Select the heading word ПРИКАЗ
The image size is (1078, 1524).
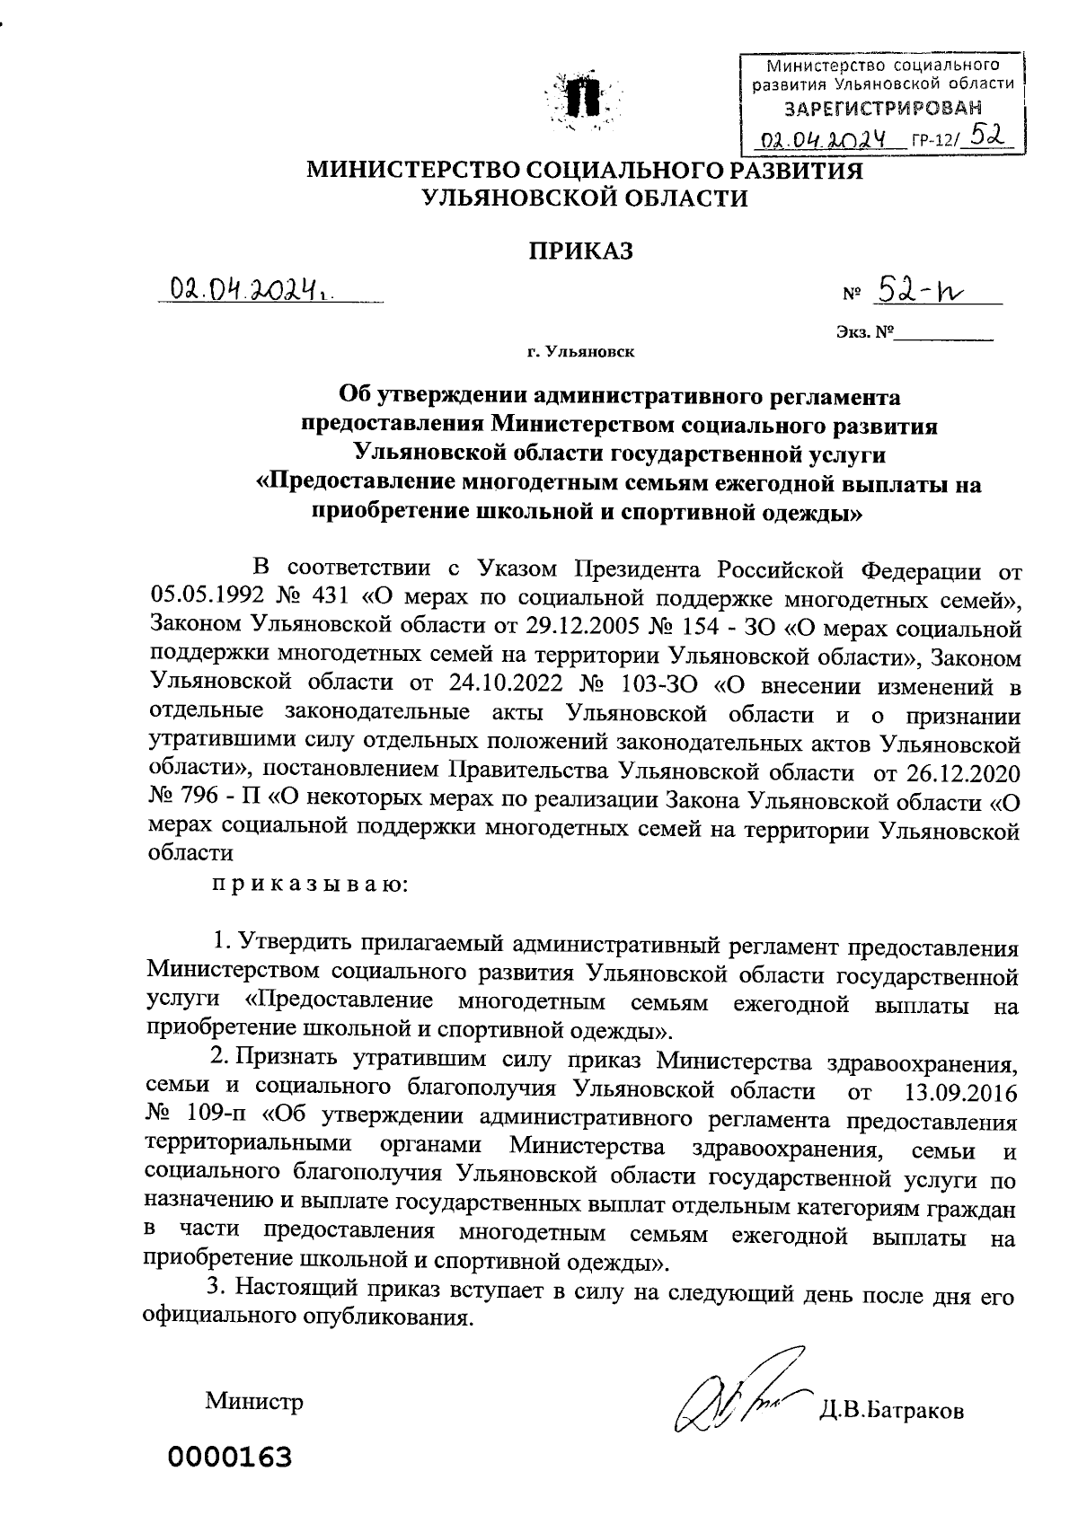coord(579,251)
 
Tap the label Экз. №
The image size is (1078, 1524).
coord(866,333)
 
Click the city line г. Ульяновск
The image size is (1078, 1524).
coord(581,352)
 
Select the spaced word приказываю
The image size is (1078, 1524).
coord(310,885)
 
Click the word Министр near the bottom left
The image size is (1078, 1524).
coord(254,1402)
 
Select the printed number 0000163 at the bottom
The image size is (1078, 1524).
coord(228,1457)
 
